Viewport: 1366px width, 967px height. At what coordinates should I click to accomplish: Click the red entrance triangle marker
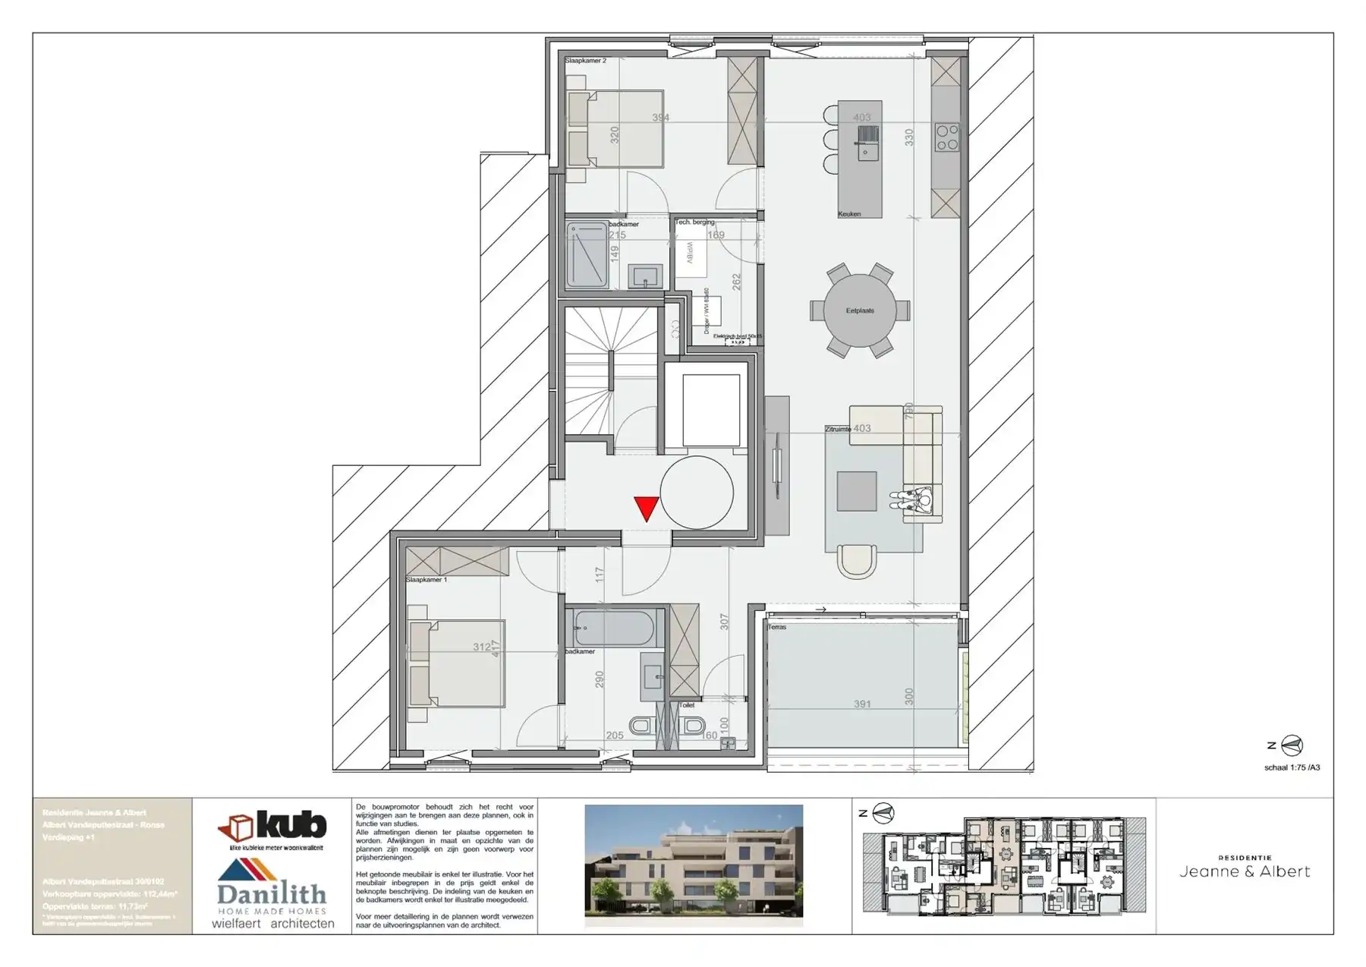pyautogui.click(x=646, y=507)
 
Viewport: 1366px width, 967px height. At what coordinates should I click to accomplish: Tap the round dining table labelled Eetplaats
pyautogui.click(x=860, y=310)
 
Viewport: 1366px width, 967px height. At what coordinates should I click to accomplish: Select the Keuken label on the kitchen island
pyautogui.click(x=849, y=214)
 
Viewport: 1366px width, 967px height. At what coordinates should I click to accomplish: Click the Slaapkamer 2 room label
pyautogui.click(x=585, y=60)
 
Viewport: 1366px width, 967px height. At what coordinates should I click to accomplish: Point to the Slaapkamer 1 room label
pyautogui.click(x=426, y=580)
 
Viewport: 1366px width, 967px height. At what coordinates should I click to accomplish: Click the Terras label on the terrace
pyautogui.click(x=777, y=627)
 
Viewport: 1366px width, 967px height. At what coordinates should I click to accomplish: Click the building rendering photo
pyautogui.click(x=694, y=865)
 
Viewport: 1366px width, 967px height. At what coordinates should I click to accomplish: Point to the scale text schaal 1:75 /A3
pyautogui.click(x=1292, y=767)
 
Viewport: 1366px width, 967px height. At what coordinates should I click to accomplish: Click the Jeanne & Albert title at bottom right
pyautogui.click(x=1245, y=871)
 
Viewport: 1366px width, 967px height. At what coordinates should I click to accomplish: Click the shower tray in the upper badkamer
pyautogui.click(x=587, y=255)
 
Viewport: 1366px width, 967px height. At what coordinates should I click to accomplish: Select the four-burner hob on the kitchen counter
pyautogui.click(x=947, y=137)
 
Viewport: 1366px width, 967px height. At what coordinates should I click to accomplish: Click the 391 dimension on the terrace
pyautogui.click(x=862, y=704)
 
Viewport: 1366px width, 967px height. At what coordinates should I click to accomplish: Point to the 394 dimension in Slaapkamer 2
pyautogui.click(x=661, y=118)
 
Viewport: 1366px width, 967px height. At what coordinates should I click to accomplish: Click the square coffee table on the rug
pyautogui.click(x=857, y=490)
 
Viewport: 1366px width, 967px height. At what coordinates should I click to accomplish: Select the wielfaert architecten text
pyautogui.click(x=272, y=924)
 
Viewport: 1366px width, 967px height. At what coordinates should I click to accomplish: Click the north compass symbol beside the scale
pyautogui.click(x=1292, y=745)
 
